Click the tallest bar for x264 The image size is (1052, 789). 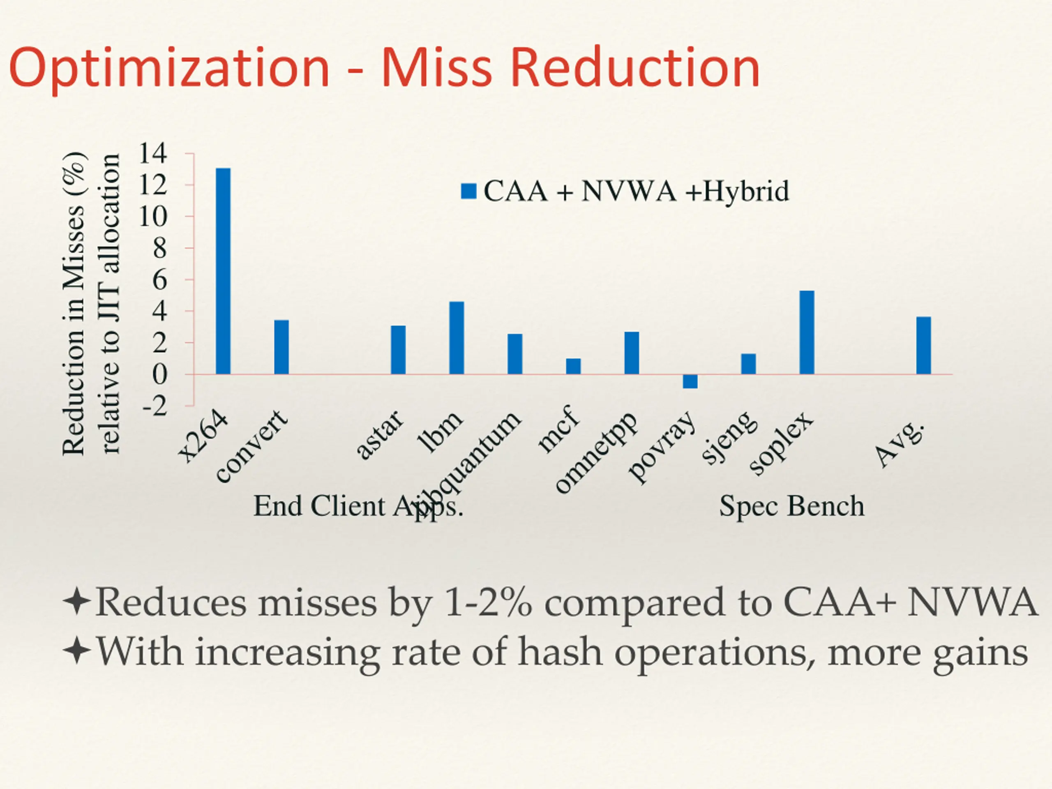click(x=223, y=271)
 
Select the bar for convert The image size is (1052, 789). click(x=281, y=347)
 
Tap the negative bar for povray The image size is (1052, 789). click(x=690, y=381)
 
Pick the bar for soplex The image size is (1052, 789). click(x=807, y=332)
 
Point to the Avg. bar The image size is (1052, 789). click(x=924, y=345)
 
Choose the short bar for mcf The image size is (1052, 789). click(x=573, y=366)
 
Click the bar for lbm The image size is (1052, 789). click(x=457, y=338)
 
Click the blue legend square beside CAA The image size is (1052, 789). click(x=468, y=191)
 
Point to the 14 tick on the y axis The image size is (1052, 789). click(x=153, y=154)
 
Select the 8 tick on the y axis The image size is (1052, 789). click(x=159, y=248)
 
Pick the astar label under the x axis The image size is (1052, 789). click(x=381, y=435)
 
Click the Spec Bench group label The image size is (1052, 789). click(x=791, y=506)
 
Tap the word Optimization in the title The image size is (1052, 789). click(x=169, y=68)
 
